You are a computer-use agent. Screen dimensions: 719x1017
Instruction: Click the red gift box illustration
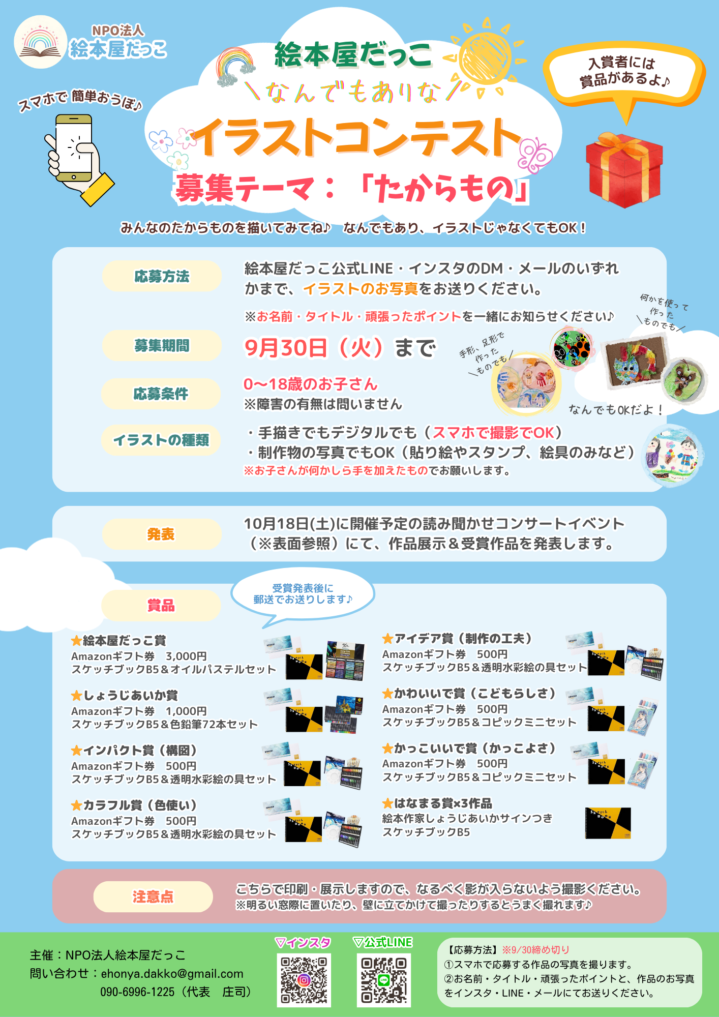tap(624, 170)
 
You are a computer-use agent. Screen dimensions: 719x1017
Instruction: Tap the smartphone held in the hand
tap(74, 147)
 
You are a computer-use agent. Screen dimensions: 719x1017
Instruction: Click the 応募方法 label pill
tap(162, 276)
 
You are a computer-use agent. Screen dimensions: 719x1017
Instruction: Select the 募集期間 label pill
tap(162, 346)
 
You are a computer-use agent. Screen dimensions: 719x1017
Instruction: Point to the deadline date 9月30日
tap(286, 348)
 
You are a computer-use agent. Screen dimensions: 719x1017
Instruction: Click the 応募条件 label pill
tap(161, 394)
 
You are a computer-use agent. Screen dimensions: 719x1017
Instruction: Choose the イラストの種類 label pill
tap(161, 440)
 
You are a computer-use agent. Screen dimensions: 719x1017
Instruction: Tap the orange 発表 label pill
tap(162, 534)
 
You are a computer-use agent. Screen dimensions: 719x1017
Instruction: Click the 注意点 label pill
tap(153, 896)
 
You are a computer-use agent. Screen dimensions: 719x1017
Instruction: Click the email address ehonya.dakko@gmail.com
tap(172, 973)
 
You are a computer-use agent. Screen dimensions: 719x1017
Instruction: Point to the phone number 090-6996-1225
tap(137, 992)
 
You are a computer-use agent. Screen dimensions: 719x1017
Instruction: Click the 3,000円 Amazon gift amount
tap(186, 656)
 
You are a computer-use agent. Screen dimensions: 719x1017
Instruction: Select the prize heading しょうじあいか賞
tap(125, 695)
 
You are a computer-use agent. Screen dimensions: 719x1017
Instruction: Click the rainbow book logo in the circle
tap(41, 42)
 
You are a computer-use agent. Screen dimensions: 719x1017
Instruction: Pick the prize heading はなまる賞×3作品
tap(437, 803)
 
